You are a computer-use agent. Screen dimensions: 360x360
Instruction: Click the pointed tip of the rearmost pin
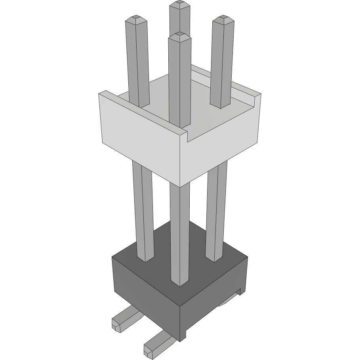[x=179, y=5]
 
